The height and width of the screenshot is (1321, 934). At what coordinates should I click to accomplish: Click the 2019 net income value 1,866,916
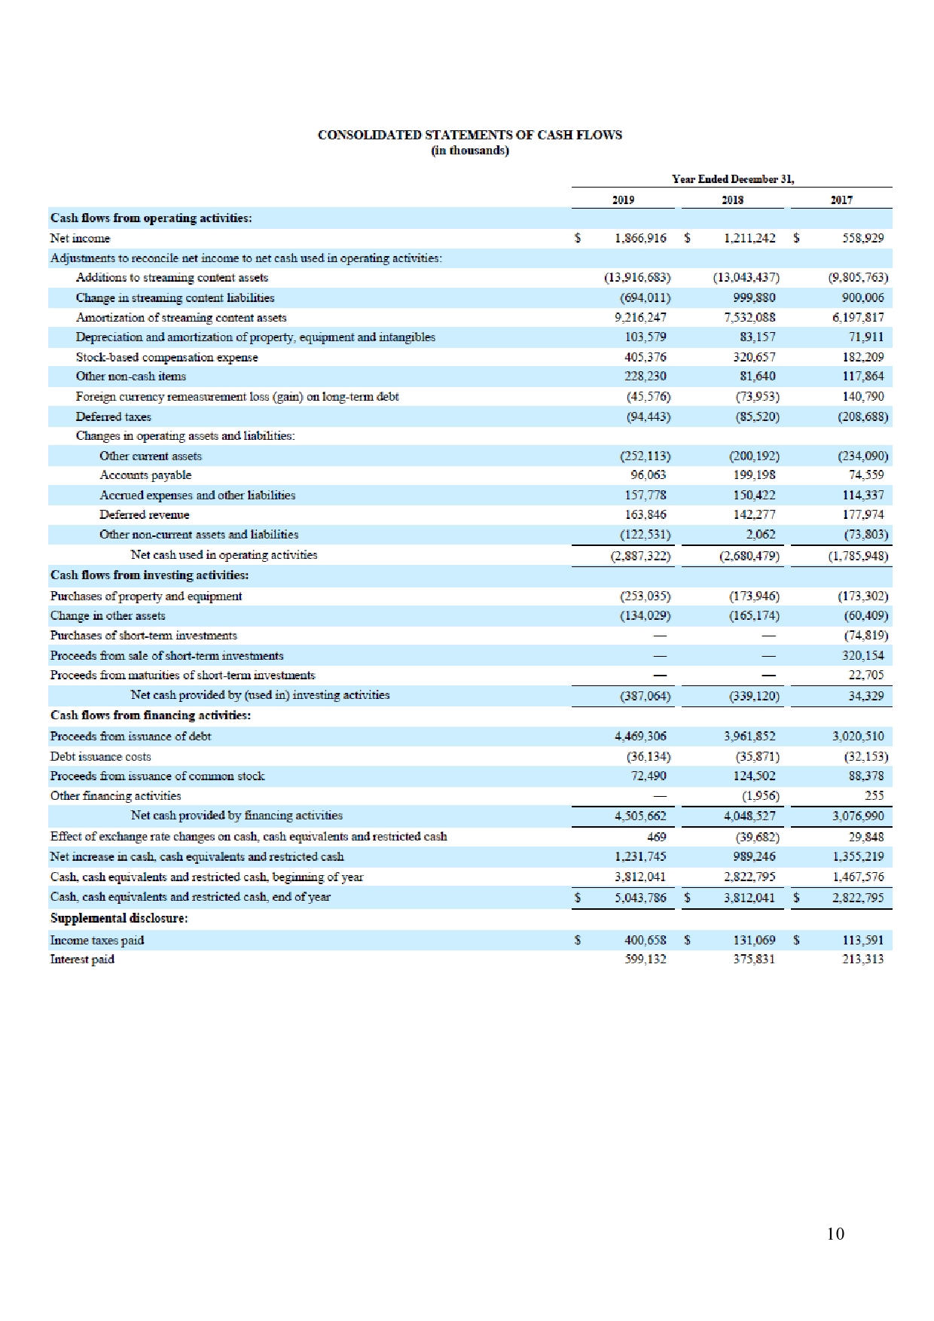[640, 239]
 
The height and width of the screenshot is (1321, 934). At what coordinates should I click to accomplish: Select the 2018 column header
[733, 200]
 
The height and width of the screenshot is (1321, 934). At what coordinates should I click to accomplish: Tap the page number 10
[835, 1234]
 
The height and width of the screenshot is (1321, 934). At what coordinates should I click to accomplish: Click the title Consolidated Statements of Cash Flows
[469, 136]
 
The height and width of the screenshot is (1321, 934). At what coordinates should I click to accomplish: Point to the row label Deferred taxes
[113, 416]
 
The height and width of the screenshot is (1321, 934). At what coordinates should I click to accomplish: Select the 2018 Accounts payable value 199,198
[754, 475]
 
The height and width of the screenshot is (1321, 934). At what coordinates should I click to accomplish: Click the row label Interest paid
[82, 959]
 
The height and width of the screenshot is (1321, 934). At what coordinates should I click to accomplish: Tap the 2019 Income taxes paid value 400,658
[646, 940]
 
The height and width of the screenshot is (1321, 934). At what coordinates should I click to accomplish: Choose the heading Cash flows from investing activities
[149, 575]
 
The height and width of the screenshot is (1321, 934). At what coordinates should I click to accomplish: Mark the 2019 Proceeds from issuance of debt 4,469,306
[640, 736]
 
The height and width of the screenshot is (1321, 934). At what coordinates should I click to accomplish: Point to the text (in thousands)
[469, 151]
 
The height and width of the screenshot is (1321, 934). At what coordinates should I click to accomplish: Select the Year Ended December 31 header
[732, 179]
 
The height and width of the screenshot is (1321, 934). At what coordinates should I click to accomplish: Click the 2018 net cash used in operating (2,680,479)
[749, 557]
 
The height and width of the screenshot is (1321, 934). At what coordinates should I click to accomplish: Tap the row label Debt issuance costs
[100, 756]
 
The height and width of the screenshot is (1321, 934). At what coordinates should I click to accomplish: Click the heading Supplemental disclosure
[119, 918]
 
